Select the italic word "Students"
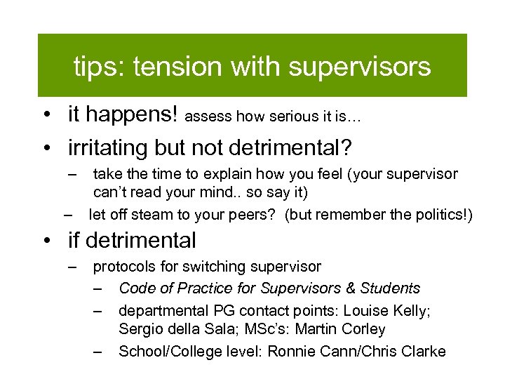pyautogui.click(x=389, y=288)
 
